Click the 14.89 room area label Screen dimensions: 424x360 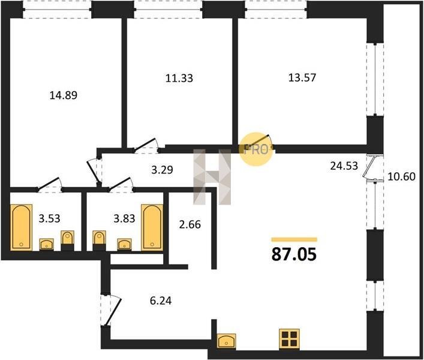point(64,95)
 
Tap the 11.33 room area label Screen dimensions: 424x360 point(179,78)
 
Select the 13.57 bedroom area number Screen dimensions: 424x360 point(302,77)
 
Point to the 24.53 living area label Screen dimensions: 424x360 point(344,166)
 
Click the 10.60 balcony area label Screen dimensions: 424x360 point(402,176)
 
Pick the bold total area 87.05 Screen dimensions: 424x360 point(294,254)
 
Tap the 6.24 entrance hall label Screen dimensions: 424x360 point(161,301)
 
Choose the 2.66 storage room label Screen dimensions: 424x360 point(190,224)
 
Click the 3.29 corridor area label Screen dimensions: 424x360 point(162,170)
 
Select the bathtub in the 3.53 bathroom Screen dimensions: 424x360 point(21,227)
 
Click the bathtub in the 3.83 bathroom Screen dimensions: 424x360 point(152,227)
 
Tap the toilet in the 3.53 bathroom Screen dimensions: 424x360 point(67,241)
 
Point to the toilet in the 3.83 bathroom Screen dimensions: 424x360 point(99,241)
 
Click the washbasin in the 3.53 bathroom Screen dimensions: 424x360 point(47,244)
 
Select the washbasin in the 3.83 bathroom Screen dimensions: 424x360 point(124,244)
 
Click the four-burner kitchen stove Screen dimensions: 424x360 point(289,339)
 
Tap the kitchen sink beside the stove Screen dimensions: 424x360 point(226,341)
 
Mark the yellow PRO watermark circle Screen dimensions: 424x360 point(255,149)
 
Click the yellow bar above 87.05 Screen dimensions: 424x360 point(294,239)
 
